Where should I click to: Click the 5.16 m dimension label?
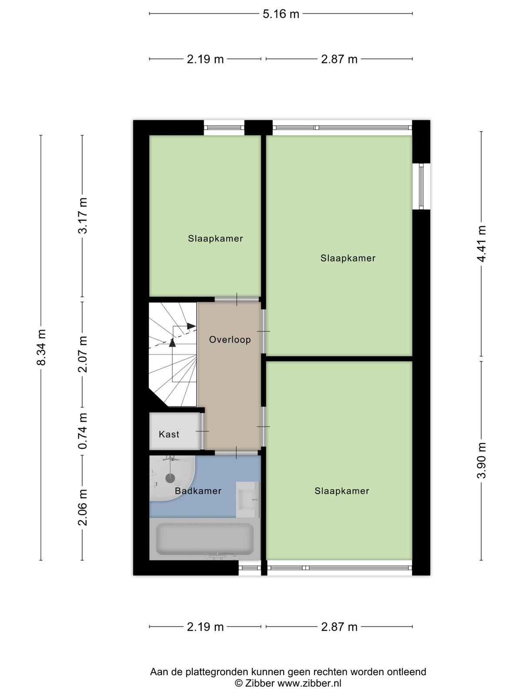click(281, 14)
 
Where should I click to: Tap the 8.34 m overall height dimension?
click(41, 347)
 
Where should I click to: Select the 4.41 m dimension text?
click(481, 244)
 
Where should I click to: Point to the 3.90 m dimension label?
click(481, 460)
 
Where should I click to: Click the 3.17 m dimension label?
click(82, 216)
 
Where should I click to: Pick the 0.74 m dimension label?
click(82, 431)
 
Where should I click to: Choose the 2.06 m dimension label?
click(82, 507)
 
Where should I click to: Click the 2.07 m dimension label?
click(82, 354)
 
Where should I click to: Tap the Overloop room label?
click(230, 340)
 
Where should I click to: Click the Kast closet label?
click(169, 434)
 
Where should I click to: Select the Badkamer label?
click(198, 491)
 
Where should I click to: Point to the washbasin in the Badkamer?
click(248, 500)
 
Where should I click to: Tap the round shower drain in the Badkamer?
click(170, 478)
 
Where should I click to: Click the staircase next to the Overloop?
click(173, 354)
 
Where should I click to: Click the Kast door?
click(202, 431)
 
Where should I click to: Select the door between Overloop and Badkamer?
click(237, 452)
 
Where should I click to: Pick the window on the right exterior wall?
click(421, 187)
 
